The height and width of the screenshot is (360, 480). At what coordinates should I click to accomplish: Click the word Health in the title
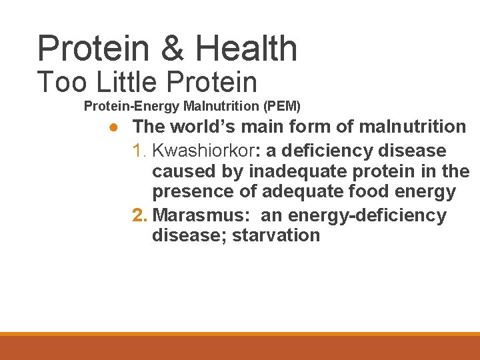[246, 49]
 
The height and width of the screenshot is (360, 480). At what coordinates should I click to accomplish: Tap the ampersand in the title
[173, 49]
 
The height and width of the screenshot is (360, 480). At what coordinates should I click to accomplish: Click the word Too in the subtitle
[60, 83]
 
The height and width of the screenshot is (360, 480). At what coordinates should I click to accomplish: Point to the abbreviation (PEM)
[282, 106]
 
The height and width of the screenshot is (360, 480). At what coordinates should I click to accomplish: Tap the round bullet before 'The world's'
[115, 127]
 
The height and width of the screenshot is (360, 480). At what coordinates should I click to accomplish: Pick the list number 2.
[139, 215]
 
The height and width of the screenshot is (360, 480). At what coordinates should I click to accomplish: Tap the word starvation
[276, 236]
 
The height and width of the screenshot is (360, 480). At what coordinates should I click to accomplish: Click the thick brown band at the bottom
[240, 348]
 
